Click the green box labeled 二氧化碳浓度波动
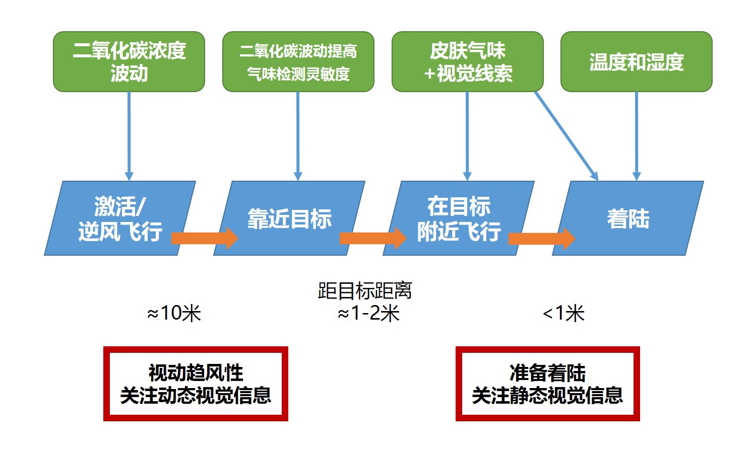coord(129,62)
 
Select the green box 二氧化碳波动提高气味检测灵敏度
coord(298,62)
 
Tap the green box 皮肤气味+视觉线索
coord(468,62)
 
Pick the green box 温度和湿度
coord(637,62)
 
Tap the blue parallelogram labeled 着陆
coord(628,218)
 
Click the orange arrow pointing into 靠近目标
coord(204,238)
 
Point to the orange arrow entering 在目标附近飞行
coord(373,238)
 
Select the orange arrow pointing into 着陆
coord(542,238)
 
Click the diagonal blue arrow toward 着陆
coord(566,135)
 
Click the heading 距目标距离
coord(365,291)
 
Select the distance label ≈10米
coord(174,314)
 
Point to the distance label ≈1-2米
coord(368,314)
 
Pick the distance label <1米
coord(563,314)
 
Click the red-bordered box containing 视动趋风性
coord(196,384)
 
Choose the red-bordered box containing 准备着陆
coord(548,384)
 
